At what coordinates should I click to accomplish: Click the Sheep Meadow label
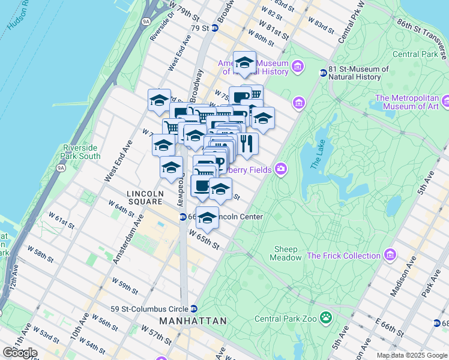pos(287,253)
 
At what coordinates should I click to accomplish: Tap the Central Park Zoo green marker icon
pos(326,316)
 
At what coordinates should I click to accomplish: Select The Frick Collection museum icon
pos(391,256)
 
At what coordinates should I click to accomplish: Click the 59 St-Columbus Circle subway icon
pos(194,309)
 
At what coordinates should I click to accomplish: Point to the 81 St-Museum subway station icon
pos(323,73)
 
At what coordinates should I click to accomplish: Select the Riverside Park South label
pos(81,152)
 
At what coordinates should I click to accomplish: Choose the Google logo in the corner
pos(19,353)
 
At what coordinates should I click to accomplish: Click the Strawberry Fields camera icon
pos(280,169)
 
